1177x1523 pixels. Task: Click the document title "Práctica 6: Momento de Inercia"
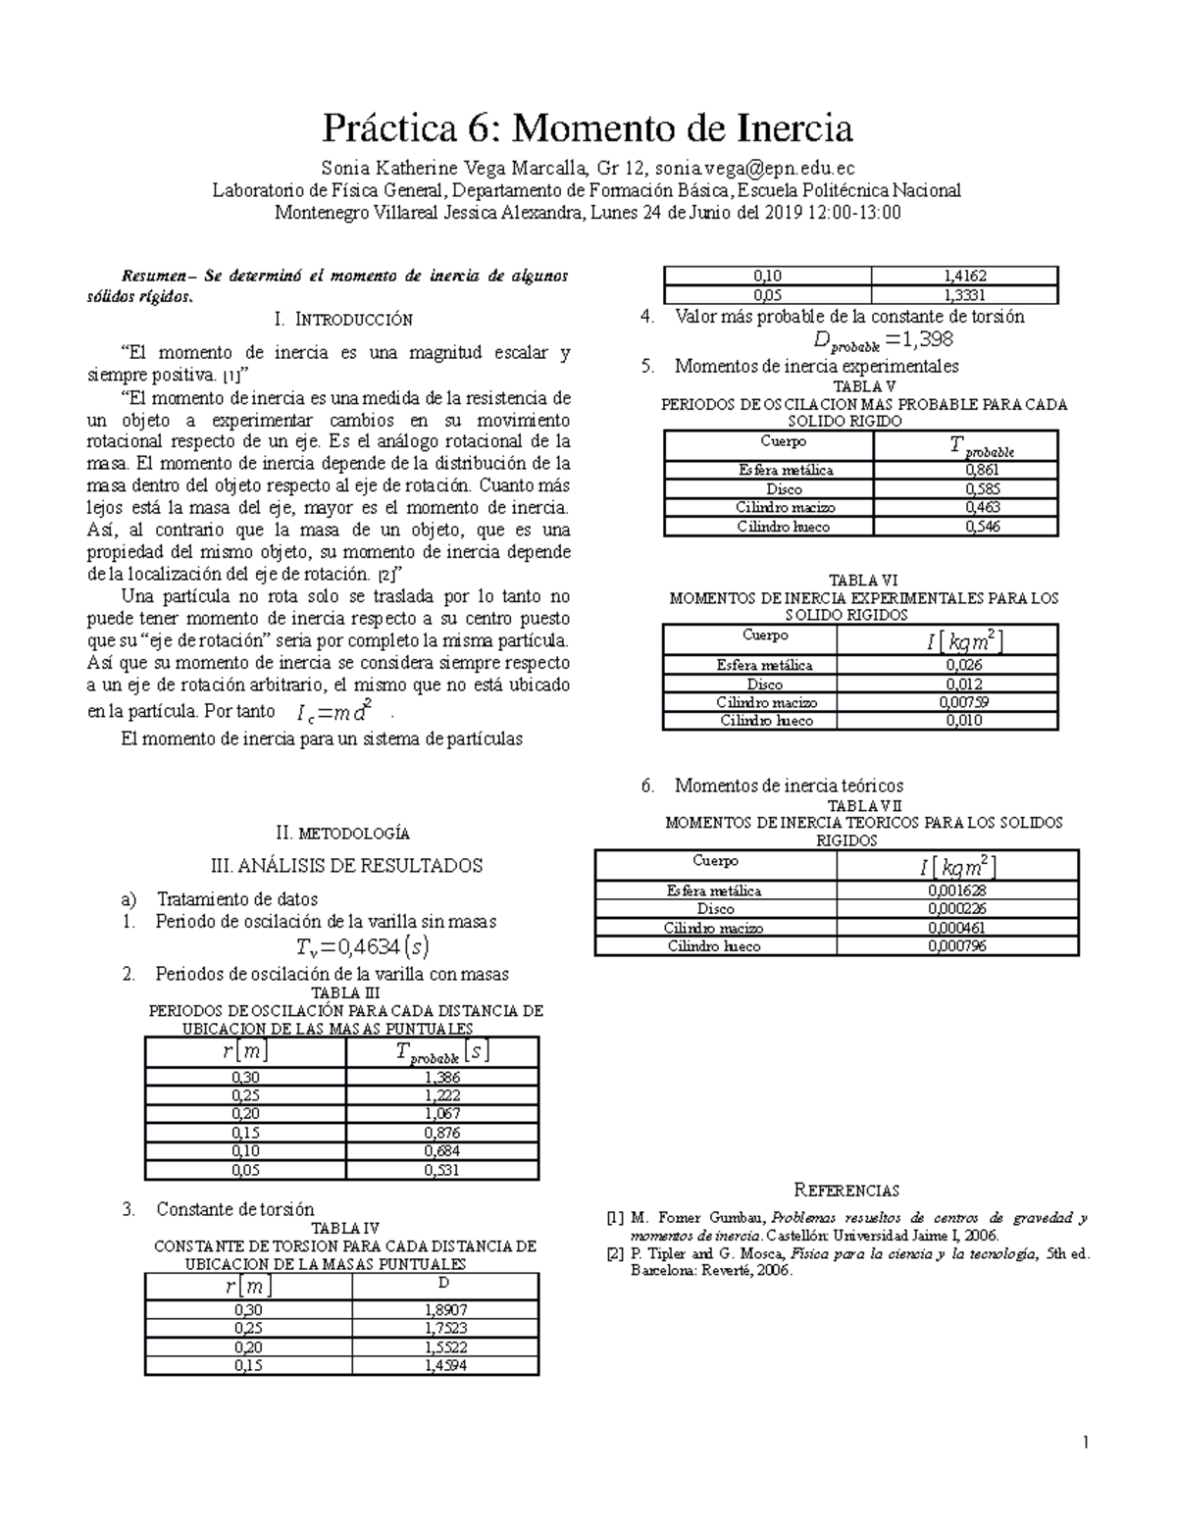(588, 128)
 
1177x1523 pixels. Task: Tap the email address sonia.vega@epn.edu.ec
(748, 168)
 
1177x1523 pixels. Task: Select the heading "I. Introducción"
(344, 319)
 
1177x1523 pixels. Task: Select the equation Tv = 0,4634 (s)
(362, 946)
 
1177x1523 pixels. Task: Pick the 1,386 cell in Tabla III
(442, 1077)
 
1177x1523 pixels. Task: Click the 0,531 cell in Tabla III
(442, 1170)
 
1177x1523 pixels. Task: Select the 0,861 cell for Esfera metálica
(965, 471)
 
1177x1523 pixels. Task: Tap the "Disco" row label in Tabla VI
(764, 684)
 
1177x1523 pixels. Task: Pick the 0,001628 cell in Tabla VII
(957, 890)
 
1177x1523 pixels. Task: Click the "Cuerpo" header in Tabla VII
(715, 861)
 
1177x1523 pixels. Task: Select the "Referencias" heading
(846, 1191)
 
